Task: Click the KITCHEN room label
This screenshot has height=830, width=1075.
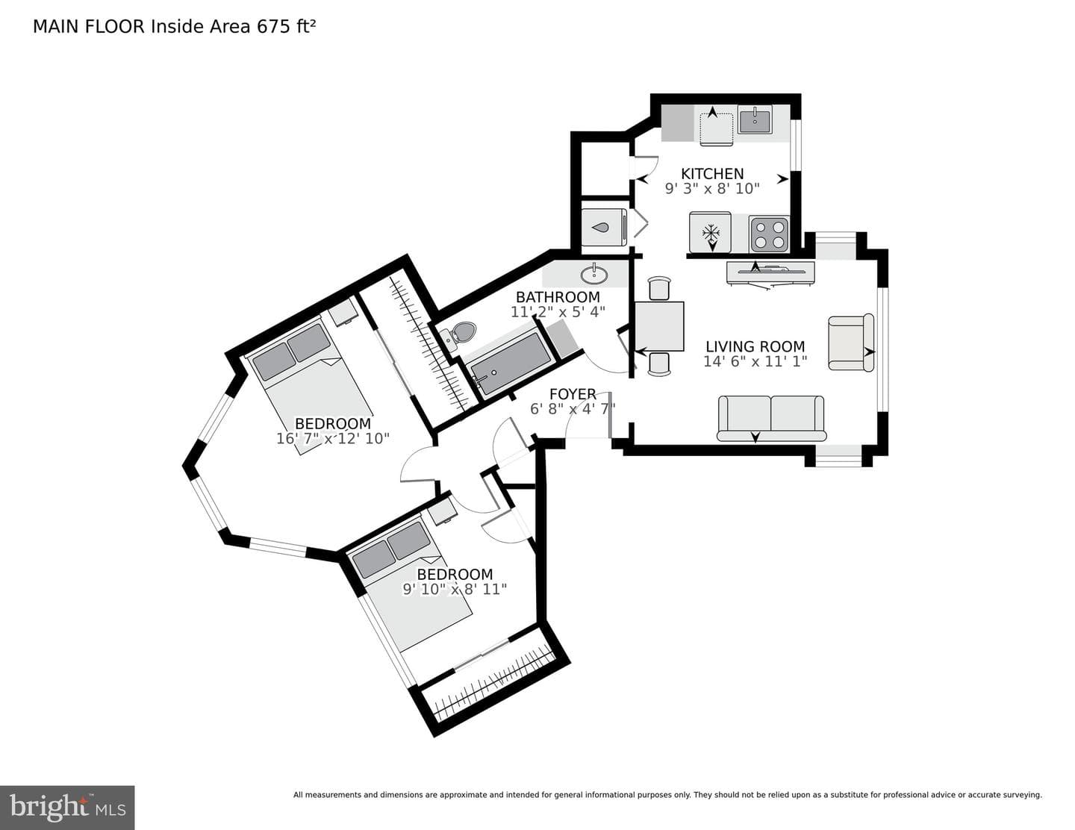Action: coord(712,174)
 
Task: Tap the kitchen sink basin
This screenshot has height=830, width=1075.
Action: coord(755,119)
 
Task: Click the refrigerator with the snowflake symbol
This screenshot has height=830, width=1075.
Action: coord(711,232)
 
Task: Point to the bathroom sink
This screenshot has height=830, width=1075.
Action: coord(593,275)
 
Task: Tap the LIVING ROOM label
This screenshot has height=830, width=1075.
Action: coord(755,346)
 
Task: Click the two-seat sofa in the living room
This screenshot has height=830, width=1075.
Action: coord(770,419)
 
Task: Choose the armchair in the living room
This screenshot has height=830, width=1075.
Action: coord(851,342)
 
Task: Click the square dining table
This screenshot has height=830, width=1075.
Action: coord(659,326)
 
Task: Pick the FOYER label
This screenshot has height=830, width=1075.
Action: coord(573,394)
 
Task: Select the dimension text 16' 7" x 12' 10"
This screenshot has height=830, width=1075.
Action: coord(332,439)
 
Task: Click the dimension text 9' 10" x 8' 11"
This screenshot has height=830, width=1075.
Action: coord(455,589)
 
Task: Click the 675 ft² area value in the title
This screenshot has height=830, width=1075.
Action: coord(286,26)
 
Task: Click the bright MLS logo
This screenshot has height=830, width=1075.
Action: coord(67,806)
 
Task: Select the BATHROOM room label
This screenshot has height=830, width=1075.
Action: coord(558,297)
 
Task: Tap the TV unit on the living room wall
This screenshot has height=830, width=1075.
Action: coord(770,273)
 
